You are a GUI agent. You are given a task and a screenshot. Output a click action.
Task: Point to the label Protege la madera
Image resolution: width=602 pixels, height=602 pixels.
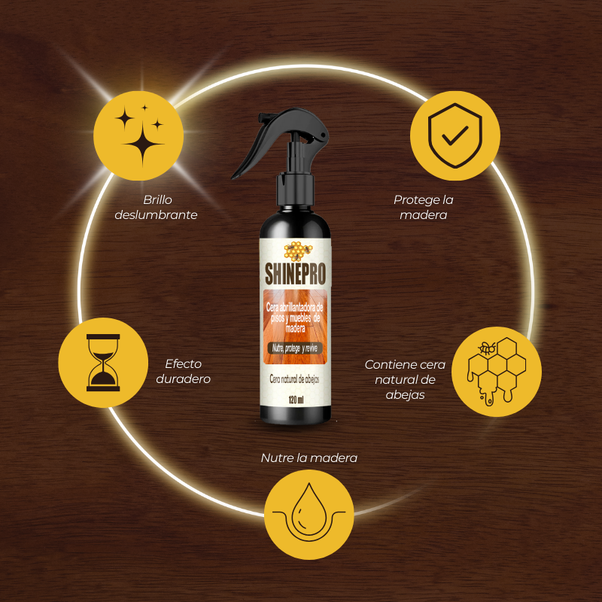point(423,207)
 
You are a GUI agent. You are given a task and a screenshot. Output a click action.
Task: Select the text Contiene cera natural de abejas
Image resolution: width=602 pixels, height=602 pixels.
point(405,379)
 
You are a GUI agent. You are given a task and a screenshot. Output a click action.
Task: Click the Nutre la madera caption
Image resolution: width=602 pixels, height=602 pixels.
point(309,458)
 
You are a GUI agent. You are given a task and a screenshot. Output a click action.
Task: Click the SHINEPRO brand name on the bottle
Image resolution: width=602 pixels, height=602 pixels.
point(295,269)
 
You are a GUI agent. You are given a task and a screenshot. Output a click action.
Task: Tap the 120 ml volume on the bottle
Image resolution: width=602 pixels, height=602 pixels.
point(295,400)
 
